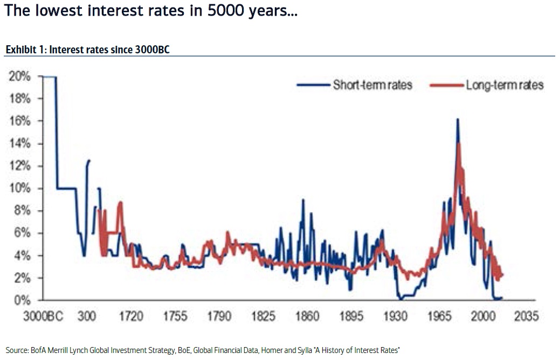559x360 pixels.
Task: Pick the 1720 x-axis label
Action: [130, 316]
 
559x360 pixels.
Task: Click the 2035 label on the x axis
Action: [526, 316]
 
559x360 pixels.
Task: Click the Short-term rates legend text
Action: [372, 85]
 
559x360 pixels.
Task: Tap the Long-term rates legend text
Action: [504, 85]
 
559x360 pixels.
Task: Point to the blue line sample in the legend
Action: [313, 85]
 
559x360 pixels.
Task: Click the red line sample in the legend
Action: [446, 85]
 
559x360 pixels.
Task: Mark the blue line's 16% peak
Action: [457, 120]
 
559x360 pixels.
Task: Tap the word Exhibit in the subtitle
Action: [19, 50]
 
